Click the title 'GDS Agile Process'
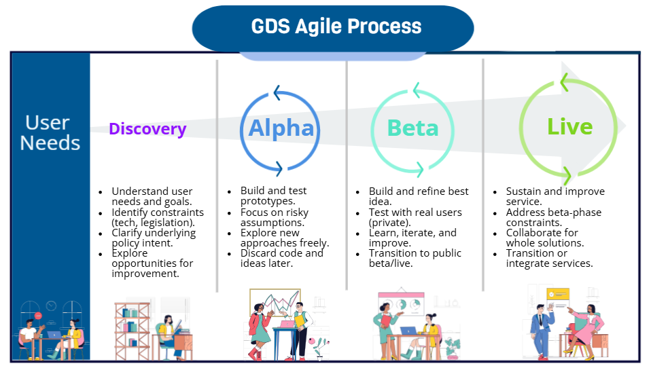coord(336,26)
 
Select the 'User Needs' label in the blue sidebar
coord(50,132)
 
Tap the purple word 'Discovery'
coord(147,129)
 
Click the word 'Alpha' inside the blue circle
coord(281,128)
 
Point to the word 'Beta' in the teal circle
coord(412,128)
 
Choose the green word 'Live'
coord(570,126)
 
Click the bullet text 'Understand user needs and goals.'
coord(152,197)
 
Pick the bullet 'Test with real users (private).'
coord(415,217)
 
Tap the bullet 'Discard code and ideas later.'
coord(281,258)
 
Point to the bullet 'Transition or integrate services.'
coord(549,258)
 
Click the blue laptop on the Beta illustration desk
coord(408,331)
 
